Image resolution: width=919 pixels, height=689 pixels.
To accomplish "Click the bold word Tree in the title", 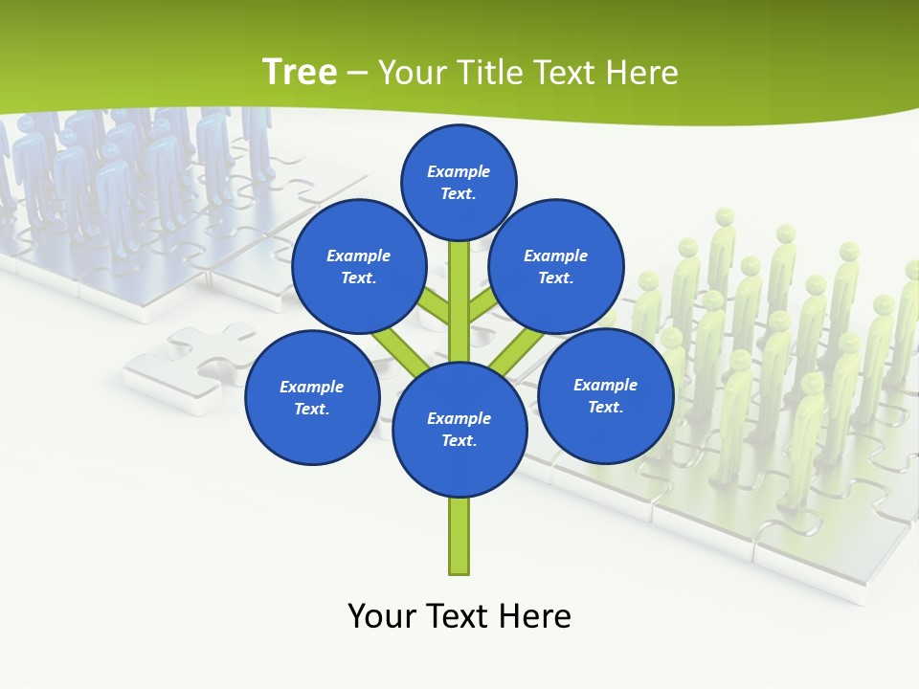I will tap(300, 73).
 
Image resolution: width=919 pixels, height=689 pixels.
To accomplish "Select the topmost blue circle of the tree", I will tap(459, 182).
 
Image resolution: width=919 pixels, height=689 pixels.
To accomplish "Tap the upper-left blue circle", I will tap(359, 267).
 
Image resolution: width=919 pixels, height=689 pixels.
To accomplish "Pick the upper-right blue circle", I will tap(556, 267).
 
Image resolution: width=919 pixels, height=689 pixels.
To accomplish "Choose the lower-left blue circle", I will tap(312, 398).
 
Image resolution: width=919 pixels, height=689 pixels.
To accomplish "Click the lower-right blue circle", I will tap(605, 395).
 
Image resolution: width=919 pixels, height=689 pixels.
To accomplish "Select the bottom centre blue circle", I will tap(459, 430).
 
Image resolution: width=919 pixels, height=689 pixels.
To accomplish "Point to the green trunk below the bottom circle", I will tap(459, 536).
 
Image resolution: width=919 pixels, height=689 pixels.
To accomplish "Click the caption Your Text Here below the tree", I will tap(459, 616).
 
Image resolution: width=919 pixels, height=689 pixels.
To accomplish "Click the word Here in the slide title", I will tap(646, 73).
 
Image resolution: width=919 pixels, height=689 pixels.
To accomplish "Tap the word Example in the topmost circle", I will tap(459, 171).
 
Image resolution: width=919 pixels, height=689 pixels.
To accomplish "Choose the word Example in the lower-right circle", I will tap(605, 385).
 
